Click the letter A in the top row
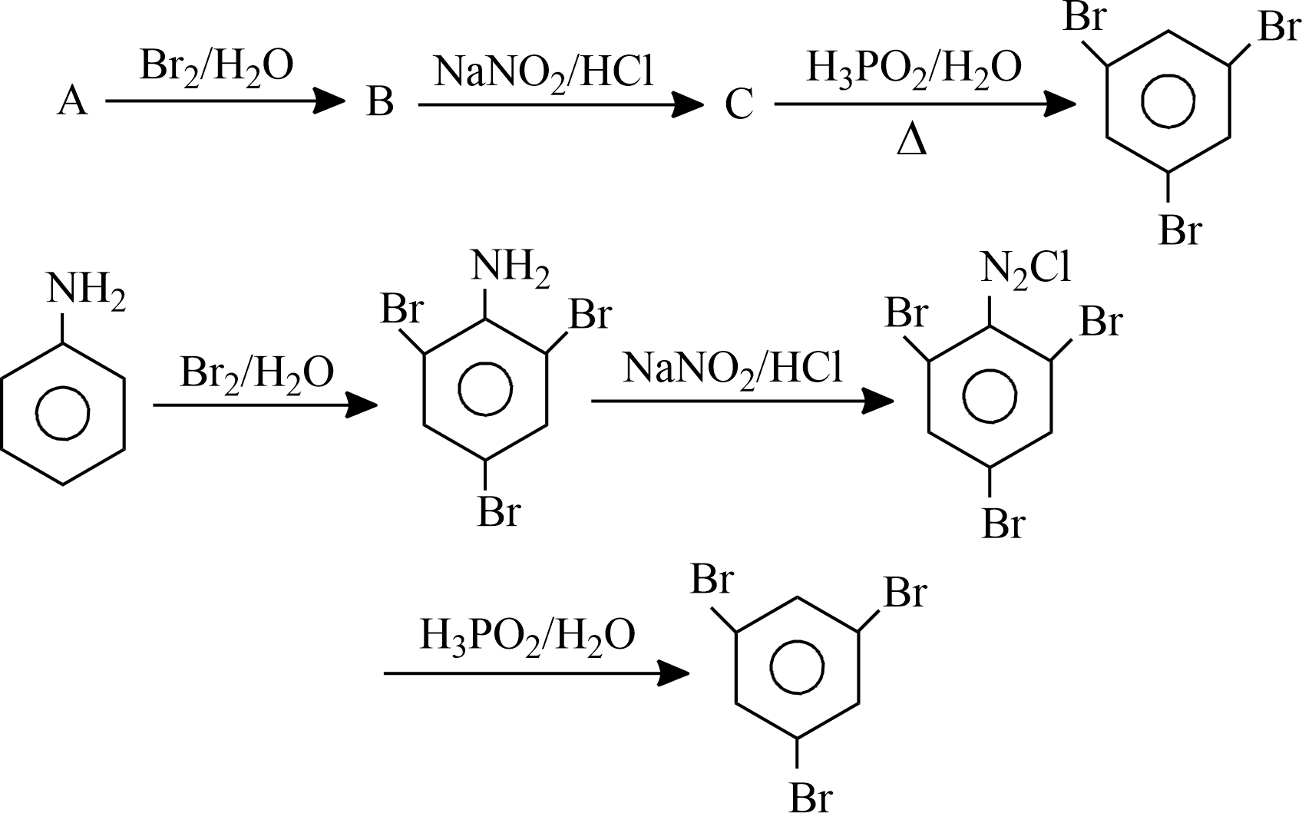click(x=73, y=101)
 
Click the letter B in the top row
click(x=380, y=101)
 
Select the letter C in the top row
click(x=739, y=104)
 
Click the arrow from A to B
click(x=226, y=101)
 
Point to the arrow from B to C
click(x=561, y=104)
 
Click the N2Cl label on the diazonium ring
click(x=1026, y=270)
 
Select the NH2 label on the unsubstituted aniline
click(x=86, y=290)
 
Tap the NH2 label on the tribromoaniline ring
click(x=511, y=268)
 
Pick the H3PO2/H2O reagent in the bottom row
click(x=527, y=637)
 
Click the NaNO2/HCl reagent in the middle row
click(x=732, y=370)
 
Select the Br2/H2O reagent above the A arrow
click(x=216, y=68)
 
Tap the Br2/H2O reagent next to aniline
click(x=257, y=375)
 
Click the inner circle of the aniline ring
click(x=63, y=413)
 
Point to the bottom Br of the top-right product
click(x=1180, y=230)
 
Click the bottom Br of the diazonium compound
click(x=1004, y=524)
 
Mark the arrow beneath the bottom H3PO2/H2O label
click(x=537, y=673)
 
